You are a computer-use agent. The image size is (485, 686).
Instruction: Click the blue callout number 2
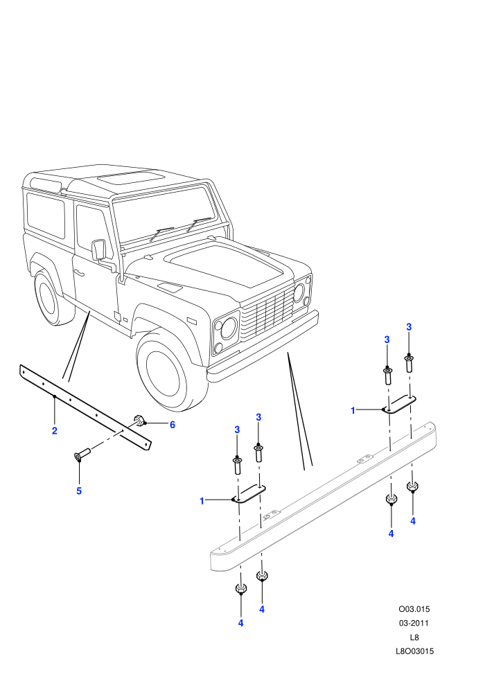(x=55, y=431)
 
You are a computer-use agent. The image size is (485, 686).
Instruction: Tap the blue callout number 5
(x=79, y=491)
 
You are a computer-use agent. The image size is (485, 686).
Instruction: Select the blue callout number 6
(x=173, y=425)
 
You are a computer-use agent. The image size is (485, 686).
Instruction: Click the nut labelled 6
(x=139, y=421)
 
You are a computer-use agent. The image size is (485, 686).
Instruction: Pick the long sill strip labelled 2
(x=85, y=407)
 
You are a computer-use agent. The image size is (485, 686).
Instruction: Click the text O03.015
(x=414, y=609)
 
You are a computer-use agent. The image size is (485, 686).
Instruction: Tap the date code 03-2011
(x=414, y=623)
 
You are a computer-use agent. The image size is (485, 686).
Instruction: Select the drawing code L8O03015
(x=414, y=651)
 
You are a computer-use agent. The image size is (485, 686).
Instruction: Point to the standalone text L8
(x=414, y=637)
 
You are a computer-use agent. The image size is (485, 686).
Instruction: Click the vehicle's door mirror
(x=99, y=249)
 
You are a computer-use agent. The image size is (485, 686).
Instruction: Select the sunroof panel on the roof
(x=131, y=177)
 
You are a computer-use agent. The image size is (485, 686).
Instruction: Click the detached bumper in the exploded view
(x=323, y=497)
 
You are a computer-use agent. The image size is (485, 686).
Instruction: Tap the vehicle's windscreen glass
(x=165, y=216)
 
